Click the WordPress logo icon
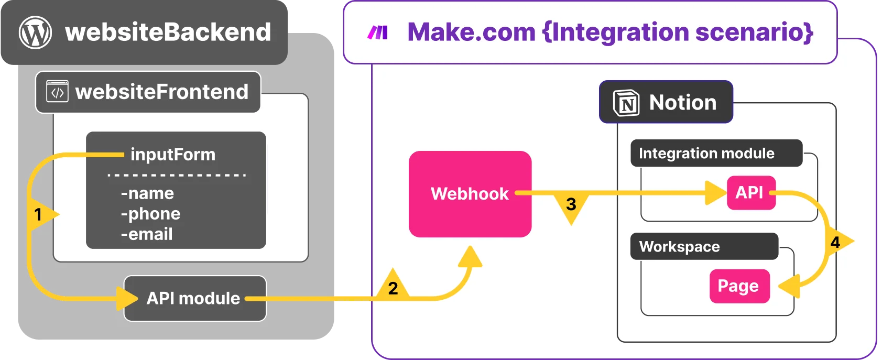coord(35,32)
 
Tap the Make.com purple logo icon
coord(378,32)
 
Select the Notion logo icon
coord(626,103)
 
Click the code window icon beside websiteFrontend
coord(57,91)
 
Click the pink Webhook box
coord(470,194)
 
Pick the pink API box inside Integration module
coord(750,193)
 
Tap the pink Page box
coord(739,286)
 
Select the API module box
coord(194,298)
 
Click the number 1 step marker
coord(38,214)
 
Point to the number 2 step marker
coord(393,287)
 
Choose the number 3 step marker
coord(571,204)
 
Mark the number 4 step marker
coord(836,242)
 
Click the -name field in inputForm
coord(147,193)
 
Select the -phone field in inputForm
coord(151,214)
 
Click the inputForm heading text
coord(173,155)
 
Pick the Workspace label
coord(680,247)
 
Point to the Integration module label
coord(706,153)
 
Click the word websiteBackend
coord(168,32)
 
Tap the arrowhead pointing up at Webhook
coord(470,257)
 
